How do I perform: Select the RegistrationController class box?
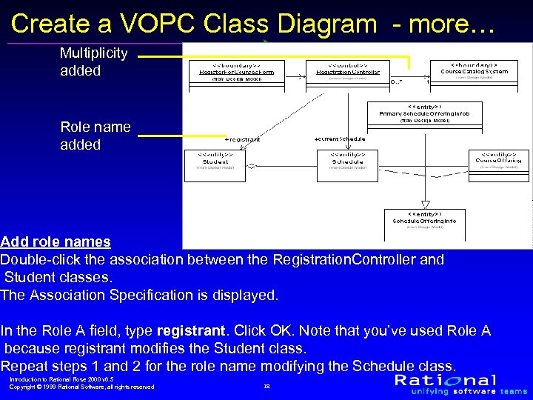343,72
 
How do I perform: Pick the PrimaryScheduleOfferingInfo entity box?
425,113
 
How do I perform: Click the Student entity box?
215,165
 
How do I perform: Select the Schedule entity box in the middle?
347,165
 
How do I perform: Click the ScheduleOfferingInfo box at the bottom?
424,221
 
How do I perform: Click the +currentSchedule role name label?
340,139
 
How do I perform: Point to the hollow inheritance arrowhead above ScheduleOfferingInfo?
425,202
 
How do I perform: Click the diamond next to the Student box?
252,164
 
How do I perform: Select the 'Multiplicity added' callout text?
93,62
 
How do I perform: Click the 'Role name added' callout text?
95,136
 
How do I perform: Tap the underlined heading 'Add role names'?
56,241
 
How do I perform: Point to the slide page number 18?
266,386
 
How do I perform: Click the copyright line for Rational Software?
81,387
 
